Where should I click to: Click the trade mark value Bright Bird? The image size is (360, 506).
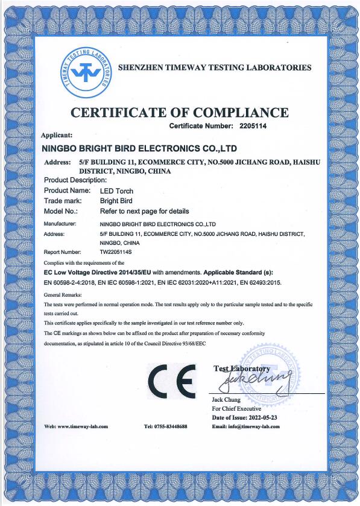coord(116,201)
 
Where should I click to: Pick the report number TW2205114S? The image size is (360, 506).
coord(116,252)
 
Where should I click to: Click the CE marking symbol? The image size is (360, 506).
coord(172,379)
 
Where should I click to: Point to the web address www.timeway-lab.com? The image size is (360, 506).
coord(83,426)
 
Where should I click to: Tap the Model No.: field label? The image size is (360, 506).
coord(62,211)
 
